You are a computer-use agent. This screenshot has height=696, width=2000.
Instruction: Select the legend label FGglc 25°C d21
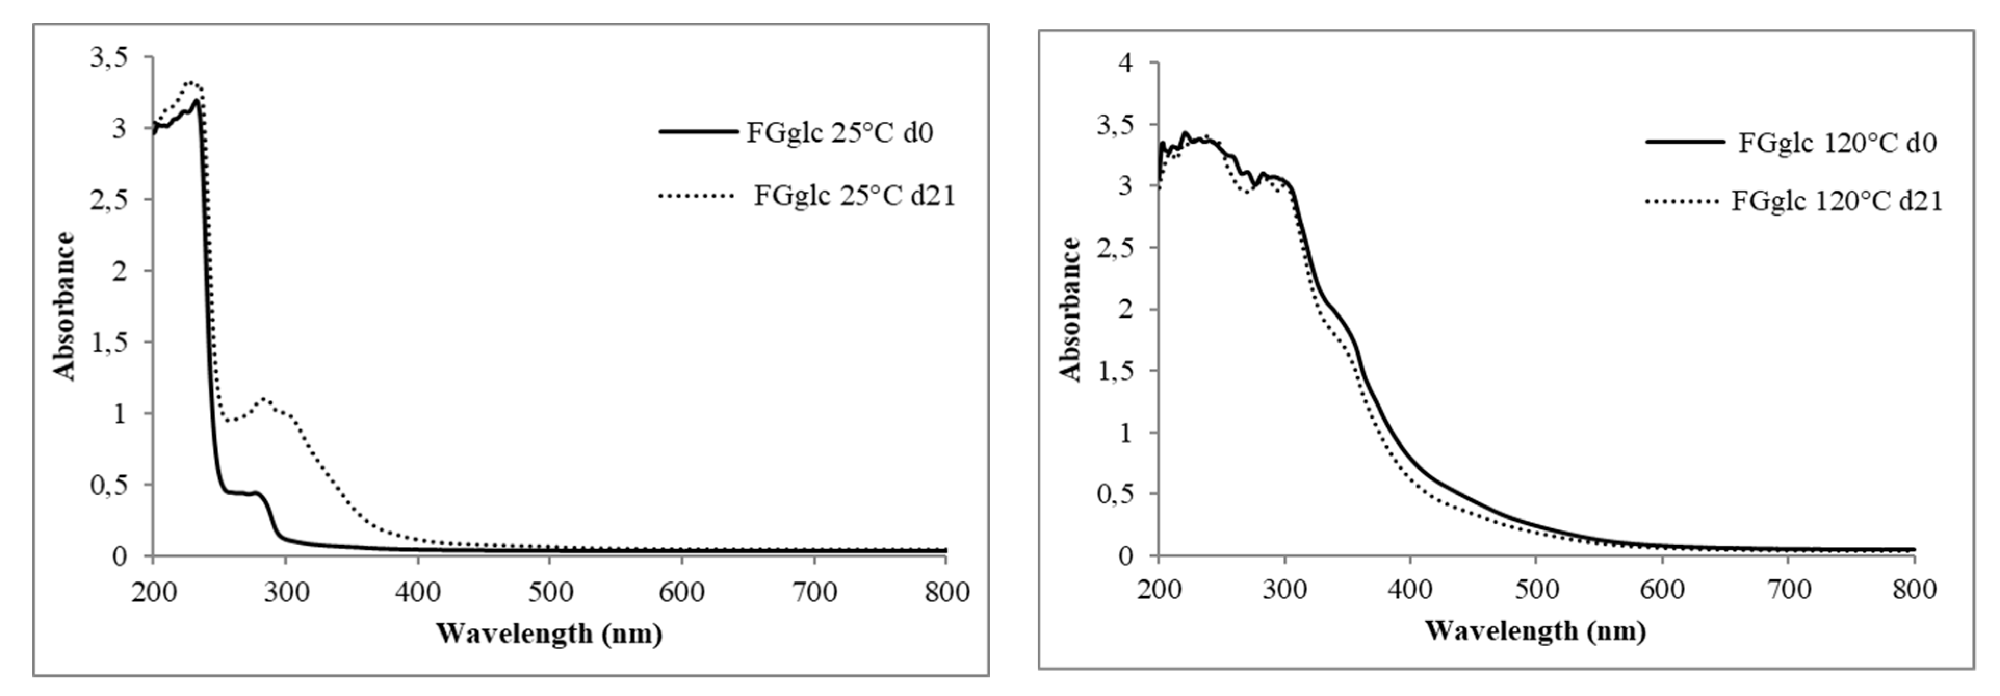coord(854,195)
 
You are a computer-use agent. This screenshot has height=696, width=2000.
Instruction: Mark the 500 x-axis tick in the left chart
coord(550,593)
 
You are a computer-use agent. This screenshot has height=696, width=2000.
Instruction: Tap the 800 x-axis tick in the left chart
coord(945,593)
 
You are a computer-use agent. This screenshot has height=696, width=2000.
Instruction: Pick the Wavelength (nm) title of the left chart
coord(549,634)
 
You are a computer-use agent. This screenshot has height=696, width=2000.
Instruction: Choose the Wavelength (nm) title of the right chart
coord(1535,630)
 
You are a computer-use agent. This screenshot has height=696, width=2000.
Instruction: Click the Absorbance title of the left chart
coord(64,306)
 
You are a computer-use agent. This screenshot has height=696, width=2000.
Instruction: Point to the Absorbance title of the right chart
coord(1071,309)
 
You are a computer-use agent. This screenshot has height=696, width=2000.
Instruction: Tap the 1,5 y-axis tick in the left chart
coord(109,342)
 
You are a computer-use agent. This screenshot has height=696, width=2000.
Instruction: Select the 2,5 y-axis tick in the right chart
coord(1115,247)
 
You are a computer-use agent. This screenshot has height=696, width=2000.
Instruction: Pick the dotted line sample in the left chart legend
coord(696,196)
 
